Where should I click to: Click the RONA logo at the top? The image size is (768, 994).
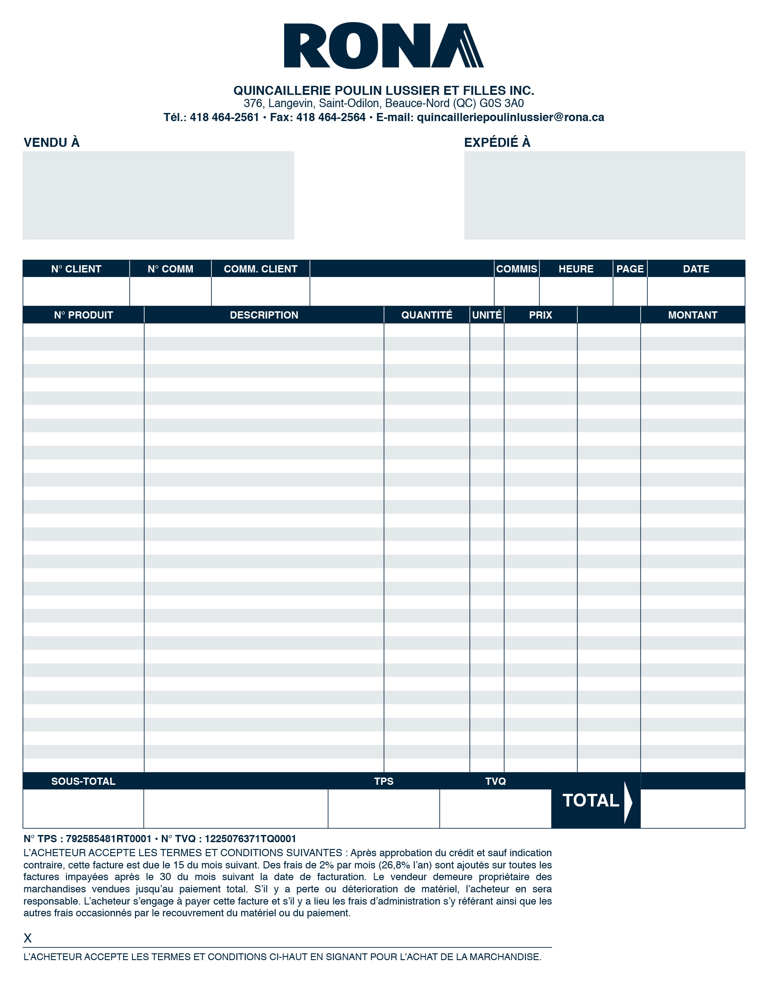tap(384, 46)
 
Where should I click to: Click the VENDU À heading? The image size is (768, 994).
tap(52, 142)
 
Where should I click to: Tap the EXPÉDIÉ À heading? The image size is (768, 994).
tap(497, 142)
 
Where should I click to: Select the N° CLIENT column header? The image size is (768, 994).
tap(76, 269)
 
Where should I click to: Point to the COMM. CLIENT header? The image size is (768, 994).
tap(260, 269)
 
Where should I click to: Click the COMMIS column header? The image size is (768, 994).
tap(516, 269)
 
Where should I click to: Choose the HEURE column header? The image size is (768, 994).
tap(576, 269)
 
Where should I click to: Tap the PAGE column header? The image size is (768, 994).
tap(630, 269)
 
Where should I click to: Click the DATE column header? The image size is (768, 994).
tap(696, 269)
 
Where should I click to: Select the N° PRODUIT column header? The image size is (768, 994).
tap(83, 315)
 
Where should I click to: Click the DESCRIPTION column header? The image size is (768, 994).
tap(264, 315)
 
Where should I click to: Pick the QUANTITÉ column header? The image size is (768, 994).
tap(426, 315)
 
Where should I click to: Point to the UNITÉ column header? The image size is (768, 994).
tap(487, 315)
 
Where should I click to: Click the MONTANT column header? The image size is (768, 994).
tap(693, 315)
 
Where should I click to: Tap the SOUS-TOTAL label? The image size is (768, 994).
tap(83, 782)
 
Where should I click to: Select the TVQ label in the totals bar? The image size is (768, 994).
tap(496, 782)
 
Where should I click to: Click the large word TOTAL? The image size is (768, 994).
tap(590, 801)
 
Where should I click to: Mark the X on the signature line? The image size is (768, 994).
tap(28, 938)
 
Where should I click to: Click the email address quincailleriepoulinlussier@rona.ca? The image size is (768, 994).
tap(510, 117)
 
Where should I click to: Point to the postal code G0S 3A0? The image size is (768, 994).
tap(501, 103)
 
